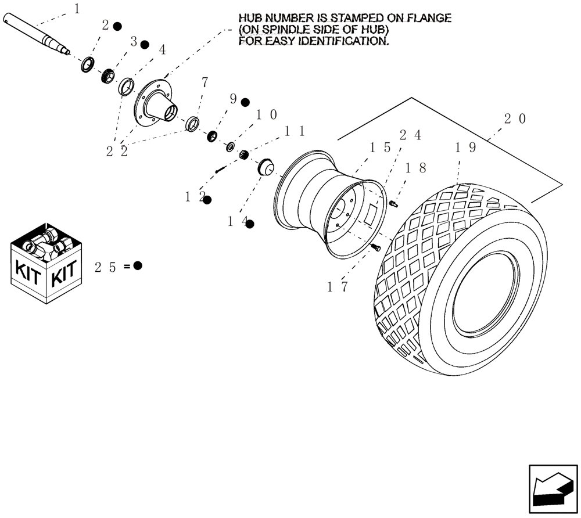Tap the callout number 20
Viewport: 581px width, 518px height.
[x=515, y=119]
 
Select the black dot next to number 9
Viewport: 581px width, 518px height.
[x=245, y=102]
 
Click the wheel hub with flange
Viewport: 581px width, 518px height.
[x=158, y=107]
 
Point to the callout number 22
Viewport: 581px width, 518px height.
[x=117, y=151]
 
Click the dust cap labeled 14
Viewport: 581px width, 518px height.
[x=266, y=167]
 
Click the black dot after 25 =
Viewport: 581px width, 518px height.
[x=138, y=266]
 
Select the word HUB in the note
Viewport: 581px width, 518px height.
[x=250, y=18]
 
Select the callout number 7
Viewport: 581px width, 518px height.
[x=204, y=82]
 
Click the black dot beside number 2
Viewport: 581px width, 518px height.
[x=117, y=26]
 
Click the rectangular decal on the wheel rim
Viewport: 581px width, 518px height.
[x=369, y=214]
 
